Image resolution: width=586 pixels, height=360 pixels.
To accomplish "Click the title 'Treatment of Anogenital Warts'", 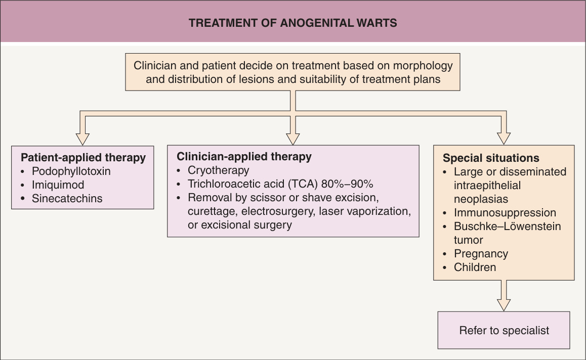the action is coord(292,23).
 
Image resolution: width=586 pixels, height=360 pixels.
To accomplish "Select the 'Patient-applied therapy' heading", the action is coord(83,158).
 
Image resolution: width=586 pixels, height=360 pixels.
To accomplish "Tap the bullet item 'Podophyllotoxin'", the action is coord(71,171).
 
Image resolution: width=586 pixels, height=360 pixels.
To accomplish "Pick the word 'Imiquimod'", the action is coord(58,185).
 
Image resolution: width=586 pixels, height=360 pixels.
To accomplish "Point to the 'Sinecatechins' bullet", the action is coord(67,198).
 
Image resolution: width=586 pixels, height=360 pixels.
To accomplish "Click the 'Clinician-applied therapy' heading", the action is coord(244,156).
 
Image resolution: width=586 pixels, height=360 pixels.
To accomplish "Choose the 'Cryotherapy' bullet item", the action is coord(218,170).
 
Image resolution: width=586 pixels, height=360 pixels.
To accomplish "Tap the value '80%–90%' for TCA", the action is coord(347,184).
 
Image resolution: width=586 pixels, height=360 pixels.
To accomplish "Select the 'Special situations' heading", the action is coord(491,158).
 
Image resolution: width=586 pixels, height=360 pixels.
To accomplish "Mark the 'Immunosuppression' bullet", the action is coord(505,213).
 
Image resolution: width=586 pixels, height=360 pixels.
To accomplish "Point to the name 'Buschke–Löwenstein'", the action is coord(507,227).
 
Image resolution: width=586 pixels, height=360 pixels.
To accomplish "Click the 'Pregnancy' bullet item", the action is coord(481,254).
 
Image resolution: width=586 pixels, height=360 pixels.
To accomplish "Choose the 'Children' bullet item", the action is coord(475,267).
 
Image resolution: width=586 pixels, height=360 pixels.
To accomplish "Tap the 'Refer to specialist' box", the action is coord(504,330).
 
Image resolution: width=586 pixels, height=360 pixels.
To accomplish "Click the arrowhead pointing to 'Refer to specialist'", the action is coord(504,305).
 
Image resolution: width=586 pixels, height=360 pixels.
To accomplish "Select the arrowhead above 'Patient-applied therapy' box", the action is coord(82,139).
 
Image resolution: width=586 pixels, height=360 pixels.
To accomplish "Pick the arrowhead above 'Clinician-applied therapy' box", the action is coord(292,139).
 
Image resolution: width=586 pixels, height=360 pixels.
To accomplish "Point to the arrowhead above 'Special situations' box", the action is coord(504,139).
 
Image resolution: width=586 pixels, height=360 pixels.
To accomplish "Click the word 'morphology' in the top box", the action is coord(423,66).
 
